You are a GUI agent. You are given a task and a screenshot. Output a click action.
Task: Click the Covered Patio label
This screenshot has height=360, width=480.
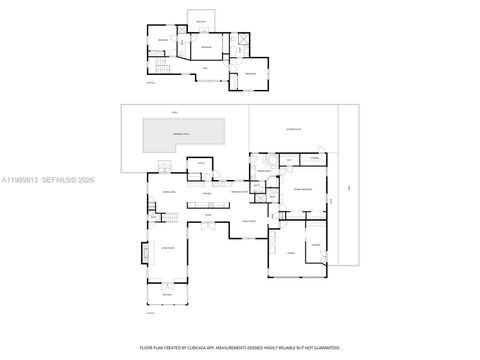[x=294, y=129]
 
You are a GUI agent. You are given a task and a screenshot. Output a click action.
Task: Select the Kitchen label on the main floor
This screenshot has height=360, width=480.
[x=206, y=193]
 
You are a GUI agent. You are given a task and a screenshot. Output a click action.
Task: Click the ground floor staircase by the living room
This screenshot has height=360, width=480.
[x=168, y=216]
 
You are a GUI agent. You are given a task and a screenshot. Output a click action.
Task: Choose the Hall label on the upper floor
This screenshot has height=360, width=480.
[x=205, y=67]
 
